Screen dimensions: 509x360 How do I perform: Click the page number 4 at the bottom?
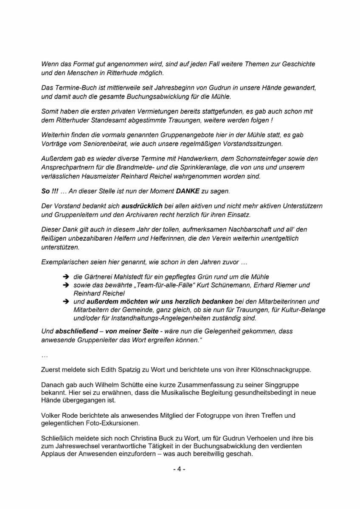(179, 469)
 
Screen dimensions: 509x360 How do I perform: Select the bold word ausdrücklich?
(142, 206)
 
